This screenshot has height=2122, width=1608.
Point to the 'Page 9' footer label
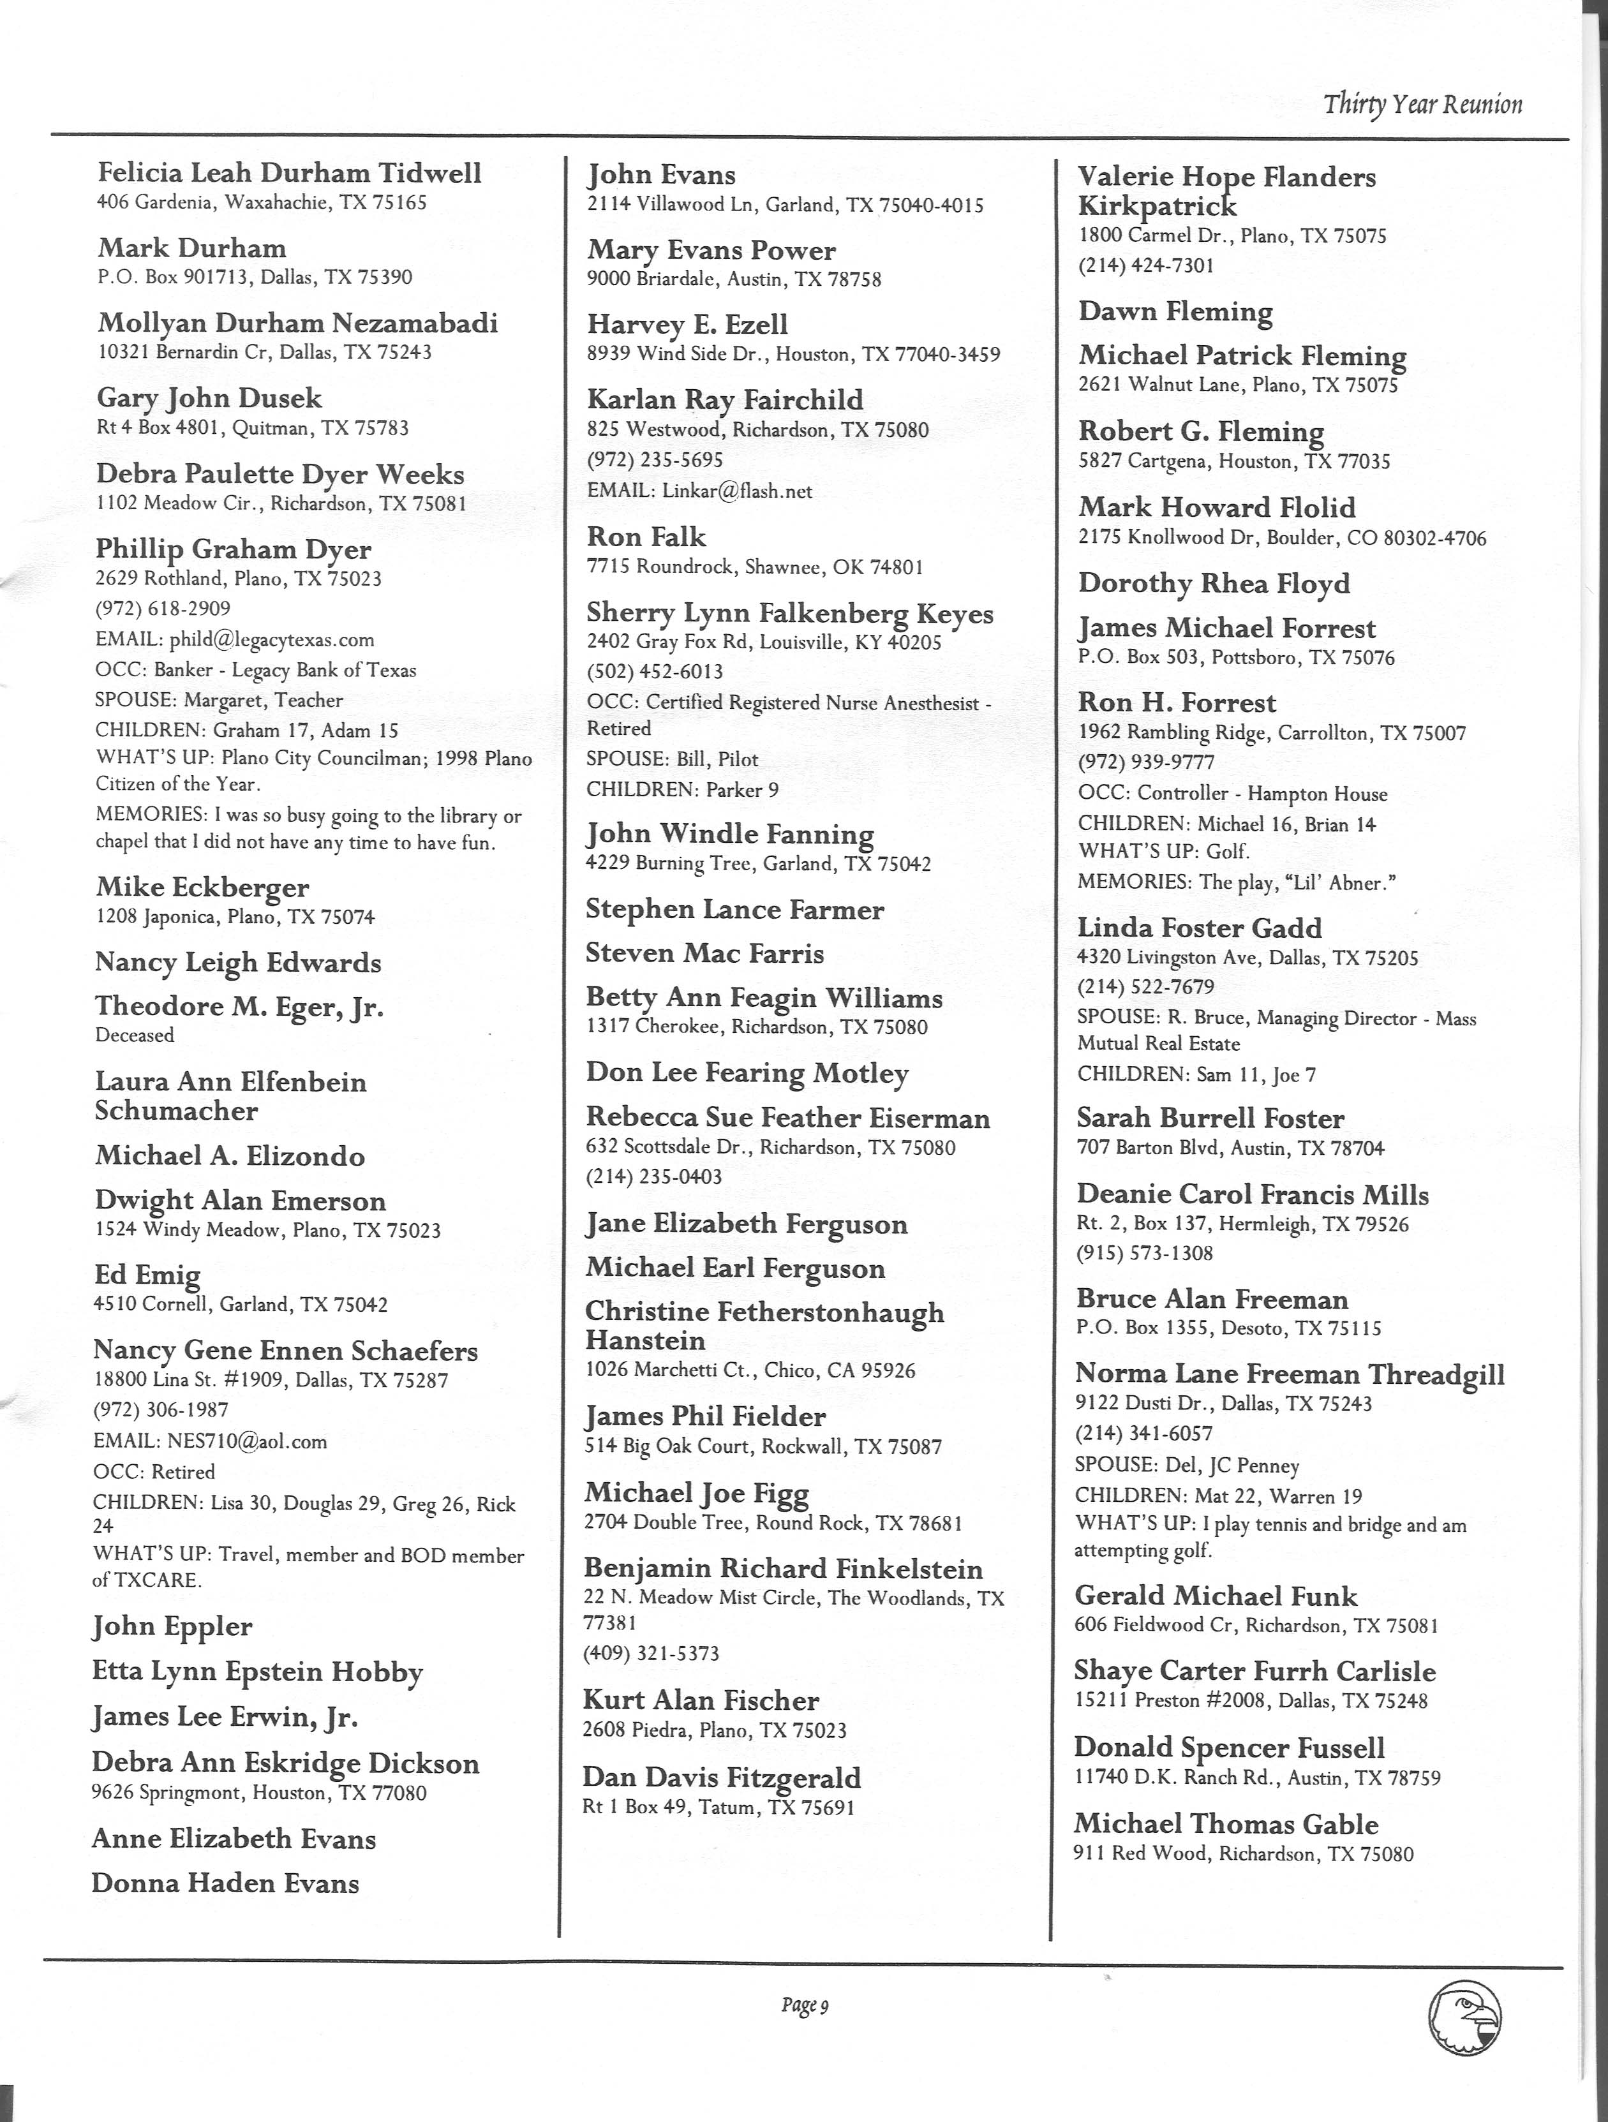point(804,2005)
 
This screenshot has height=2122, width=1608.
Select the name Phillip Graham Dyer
point(233,550)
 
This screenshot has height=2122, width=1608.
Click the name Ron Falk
point(646,537)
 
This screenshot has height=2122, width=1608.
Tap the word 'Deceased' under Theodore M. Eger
point(135,1035)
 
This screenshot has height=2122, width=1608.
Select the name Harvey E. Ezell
point(687,324)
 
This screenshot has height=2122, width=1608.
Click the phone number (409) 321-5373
point(651,1653)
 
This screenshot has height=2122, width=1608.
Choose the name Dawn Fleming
point(1175,312)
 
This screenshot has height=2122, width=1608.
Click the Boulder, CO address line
point(1282,538)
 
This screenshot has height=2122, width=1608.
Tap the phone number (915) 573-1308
point(1145,1253)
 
